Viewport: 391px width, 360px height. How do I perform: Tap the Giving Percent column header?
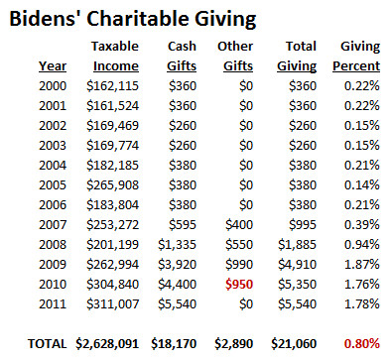pyautogui.click(x=358, y=57)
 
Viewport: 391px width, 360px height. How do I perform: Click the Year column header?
pyautogui.click(x=53, y=66)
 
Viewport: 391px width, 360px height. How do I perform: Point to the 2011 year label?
pyautogui.click(x=54, y=303)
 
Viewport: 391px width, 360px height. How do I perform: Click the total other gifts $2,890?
pyautogui.click(x=234, y=344)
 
